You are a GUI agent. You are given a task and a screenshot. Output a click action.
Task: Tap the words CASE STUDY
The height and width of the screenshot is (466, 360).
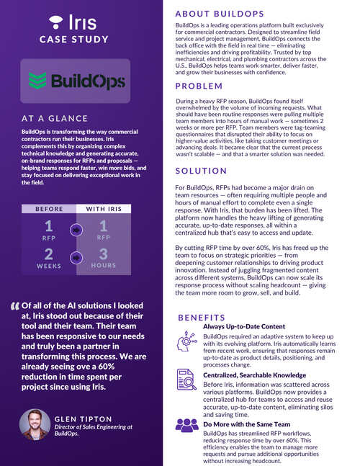click(74, 39)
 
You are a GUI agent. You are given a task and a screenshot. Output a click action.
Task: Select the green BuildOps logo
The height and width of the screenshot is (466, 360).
click(74, 81)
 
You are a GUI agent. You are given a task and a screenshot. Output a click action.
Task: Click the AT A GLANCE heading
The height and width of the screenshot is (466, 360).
click(66, 119)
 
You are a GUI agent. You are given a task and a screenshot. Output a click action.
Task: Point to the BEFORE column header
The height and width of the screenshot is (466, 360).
click(49, 209)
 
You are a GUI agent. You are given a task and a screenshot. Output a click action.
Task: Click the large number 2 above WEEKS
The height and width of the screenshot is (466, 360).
click(49, 254)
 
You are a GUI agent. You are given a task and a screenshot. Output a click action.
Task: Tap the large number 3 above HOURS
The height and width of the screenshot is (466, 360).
click(104, 254)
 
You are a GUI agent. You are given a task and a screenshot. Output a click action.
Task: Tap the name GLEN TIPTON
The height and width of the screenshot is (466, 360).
click(84, 418)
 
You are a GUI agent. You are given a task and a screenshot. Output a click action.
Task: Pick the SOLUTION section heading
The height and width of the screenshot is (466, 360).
click(202, 170)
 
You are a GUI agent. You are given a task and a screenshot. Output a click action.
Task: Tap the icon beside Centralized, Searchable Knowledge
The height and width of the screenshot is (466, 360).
click(187, 380)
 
